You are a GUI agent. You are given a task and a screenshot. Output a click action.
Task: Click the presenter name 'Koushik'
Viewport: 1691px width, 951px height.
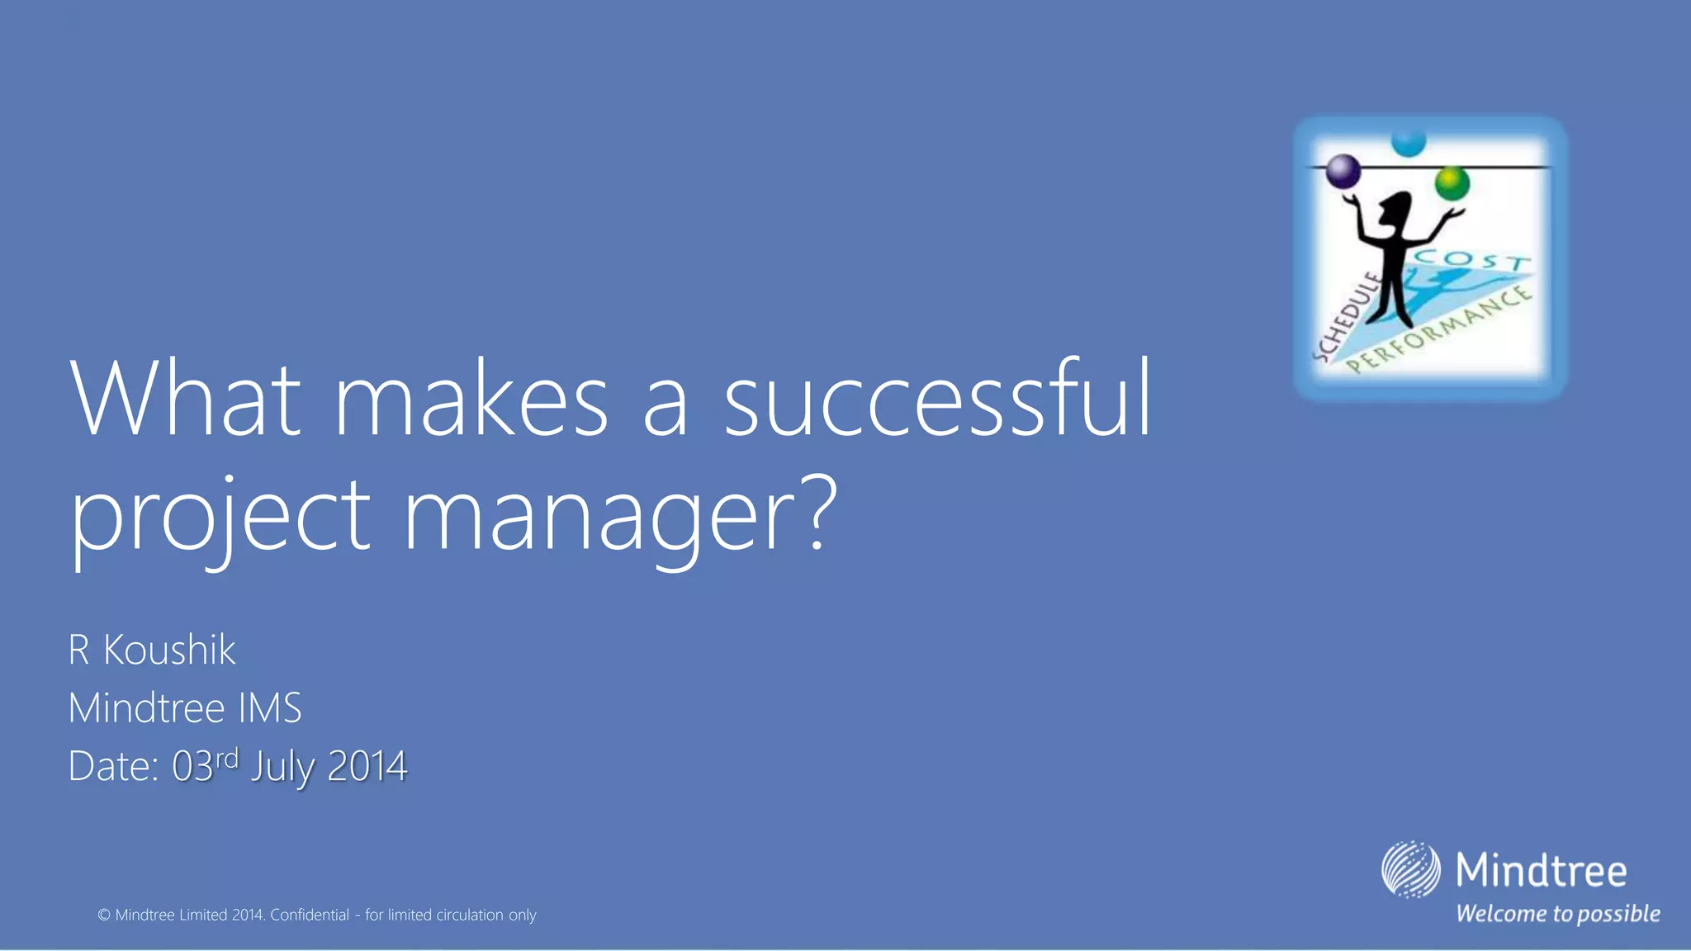tap(169, 650)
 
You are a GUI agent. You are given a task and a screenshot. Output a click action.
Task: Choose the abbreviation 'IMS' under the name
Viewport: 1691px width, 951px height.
tap(270, 708)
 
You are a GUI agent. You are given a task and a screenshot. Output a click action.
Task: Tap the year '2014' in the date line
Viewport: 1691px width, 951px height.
tap(367, 767)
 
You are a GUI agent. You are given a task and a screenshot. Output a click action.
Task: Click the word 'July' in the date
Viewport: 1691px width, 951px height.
tap(282, 768)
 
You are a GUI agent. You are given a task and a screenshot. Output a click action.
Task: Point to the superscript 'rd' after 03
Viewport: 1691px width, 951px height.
tap(226, 758)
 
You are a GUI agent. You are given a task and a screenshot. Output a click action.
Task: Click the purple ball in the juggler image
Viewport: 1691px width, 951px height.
tap(1343, 172)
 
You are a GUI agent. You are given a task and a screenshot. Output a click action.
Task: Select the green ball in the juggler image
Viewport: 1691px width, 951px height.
tap(1452, 182)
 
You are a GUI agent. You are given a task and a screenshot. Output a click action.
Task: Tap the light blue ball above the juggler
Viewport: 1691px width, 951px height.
tap(1409, 141)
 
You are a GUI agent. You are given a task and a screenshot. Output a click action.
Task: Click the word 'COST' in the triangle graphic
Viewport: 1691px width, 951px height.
tap(1471, 260)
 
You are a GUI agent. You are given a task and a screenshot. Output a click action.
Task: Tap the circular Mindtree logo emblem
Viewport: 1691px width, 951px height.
tap(1410, 869)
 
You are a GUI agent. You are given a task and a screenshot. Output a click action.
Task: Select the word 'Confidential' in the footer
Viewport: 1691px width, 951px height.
tap(310, 915)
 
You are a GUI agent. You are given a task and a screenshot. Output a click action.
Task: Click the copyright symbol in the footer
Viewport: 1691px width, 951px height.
tap(104, 915)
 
